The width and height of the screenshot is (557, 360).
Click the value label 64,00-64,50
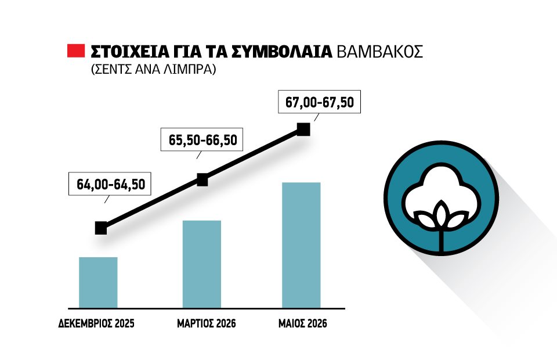[110, 185]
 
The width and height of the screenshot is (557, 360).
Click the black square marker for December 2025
[101, 228]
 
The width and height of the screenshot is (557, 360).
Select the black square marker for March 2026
[202, 180]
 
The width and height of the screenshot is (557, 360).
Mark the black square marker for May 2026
[303, 129]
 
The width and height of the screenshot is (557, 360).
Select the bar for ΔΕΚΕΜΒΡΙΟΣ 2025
[98, 282]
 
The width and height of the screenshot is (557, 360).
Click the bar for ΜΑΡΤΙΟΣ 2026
[202, 264]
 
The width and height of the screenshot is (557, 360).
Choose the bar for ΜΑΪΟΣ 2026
[301, 245]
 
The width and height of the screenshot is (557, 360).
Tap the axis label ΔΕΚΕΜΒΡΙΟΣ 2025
[96, 323]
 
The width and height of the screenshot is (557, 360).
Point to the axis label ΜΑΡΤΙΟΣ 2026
[206, 323]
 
